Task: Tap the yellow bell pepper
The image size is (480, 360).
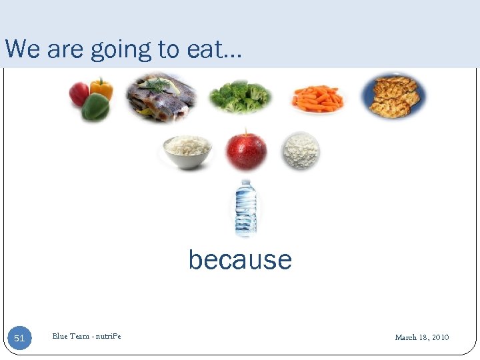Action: [101, 87]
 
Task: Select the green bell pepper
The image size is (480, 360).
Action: [95, 108]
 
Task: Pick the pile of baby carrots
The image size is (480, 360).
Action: [317, 98]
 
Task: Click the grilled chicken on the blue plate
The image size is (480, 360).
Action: [395, 95]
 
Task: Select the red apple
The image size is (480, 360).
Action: [246, 151]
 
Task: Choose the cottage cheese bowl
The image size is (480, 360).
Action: [301, 150]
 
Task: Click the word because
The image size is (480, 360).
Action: [240, 259]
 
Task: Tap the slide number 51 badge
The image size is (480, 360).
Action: [19, 338]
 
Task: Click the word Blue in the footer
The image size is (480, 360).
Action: [61, 337]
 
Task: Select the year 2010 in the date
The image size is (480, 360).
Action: [440, 337]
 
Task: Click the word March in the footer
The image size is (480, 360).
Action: [406, 337]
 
